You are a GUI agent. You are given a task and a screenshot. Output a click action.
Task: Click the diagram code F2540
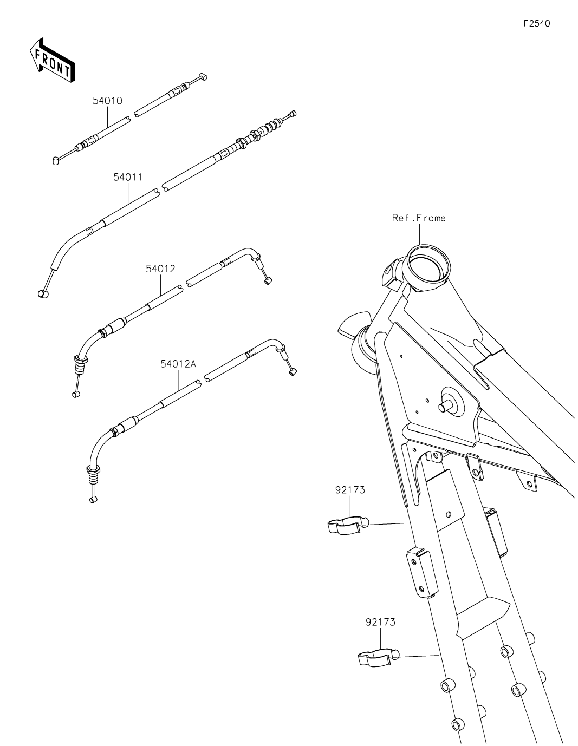pos(536,23)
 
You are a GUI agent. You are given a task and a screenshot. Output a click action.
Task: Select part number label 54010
pos(107,101)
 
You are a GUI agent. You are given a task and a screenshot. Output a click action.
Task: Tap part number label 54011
pos(128,177)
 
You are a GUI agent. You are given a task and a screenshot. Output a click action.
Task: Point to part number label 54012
pos(160,269)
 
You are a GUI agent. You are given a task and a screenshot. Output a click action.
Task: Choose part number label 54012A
pos(178,364)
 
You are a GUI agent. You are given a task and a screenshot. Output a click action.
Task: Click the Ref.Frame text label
pos(419,218)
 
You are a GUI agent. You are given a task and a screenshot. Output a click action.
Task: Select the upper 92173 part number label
pos(350,490)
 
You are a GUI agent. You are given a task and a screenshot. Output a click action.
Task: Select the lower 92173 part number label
pos(380,622)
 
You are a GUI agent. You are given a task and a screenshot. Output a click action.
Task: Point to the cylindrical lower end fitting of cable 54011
pos(43,293)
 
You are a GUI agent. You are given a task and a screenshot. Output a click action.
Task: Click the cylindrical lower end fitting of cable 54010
pos(56,160)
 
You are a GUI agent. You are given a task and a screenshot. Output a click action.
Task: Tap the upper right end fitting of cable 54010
pos(203,76)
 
